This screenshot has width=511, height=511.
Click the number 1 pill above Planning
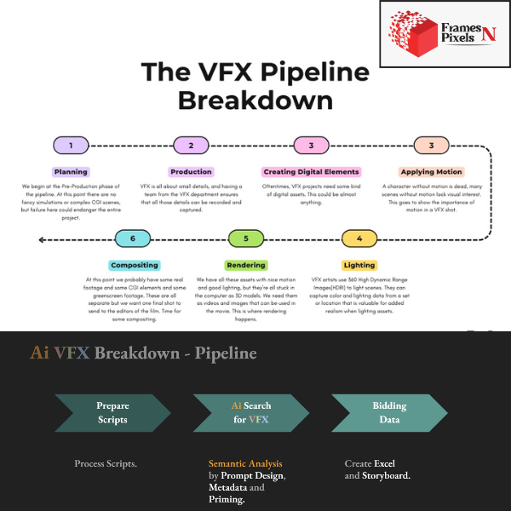coord(72,146)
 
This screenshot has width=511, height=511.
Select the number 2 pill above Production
coord(191,146)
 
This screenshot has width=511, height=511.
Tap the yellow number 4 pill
coord(359,239)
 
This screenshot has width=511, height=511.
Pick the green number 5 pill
coord(246,239)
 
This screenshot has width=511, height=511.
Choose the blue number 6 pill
coord(133,239)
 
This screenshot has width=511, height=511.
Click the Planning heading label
coord(72,172)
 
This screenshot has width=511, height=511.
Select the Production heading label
coord(191,172)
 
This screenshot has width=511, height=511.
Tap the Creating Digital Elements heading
coord(311,172)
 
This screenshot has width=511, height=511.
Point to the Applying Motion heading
coord(431,172)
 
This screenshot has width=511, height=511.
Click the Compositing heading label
coord(133,265)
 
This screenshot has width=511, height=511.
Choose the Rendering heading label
coord(246,265)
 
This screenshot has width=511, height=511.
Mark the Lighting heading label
coord(359,265)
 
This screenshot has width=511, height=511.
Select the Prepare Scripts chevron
coord(112,413)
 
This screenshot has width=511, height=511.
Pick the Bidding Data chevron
coord(388,413)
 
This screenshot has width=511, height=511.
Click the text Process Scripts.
coord(106,463)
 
